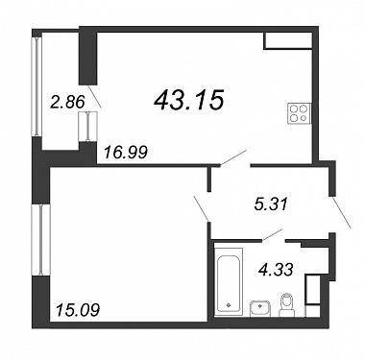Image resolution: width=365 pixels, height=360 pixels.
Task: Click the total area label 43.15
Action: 188,99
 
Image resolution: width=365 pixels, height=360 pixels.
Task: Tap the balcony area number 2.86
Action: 67,102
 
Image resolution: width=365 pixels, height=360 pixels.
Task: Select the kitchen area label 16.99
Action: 126,152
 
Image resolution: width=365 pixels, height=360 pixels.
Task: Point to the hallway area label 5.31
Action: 272,204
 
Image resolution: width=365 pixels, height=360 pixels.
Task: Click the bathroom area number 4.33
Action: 276,270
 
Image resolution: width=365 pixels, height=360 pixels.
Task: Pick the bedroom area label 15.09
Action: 77,310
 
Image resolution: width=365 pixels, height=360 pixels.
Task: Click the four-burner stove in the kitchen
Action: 300,113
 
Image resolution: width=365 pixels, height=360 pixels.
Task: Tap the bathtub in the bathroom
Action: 228,279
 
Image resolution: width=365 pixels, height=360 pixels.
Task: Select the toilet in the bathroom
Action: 286,305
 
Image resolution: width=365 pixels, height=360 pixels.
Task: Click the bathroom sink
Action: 259,308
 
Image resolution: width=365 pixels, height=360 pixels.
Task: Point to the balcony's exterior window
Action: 37,86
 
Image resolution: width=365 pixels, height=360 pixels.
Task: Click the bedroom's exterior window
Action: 40,240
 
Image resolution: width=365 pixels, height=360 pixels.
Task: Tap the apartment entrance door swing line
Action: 341,212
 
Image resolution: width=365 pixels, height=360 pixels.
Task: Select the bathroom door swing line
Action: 272,234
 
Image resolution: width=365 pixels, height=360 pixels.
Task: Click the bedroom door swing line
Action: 202,207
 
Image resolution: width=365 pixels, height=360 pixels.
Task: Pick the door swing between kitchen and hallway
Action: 233,157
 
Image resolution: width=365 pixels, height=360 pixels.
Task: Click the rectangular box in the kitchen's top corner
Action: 288,40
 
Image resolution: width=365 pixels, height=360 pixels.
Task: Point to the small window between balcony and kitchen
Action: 87,126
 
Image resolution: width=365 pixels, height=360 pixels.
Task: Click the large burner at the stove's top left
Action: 294,108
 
